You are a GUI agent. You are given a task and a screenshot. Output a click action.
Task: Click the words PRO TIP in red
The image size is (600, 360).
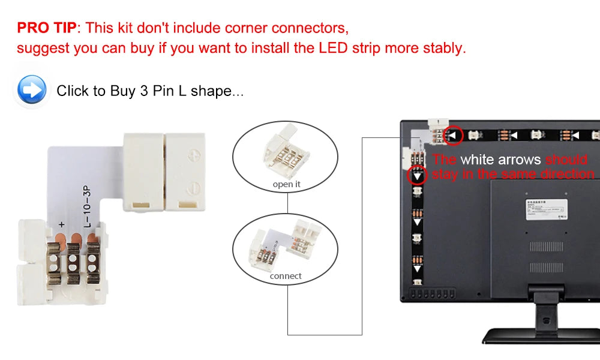pos(47,28)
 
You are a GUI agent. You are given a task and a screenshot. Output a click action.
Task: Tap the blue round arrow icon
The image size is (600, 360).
pos(32,91)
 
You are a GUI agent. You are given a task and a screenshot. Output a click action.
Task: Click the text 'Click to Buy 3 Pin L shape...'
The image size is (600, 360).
pos(150,91)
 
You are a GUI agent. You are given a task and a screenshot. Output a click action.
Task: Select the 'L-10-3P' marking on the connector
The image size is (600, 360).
pos(87,208)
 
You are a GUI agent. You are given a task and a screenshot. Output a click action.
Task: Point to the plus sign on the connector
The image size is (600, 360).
pos(61,224)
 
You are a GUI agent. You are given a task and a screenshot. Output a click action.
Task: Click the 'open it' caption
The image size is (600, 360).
pos(286,184)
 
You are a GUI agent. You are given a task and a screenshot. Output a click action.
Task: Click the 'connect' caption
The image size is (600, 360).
pos(286,276)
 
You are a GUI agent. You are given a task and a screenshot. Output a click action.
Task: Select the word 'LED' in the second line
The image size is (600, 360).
pos(333,48)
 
